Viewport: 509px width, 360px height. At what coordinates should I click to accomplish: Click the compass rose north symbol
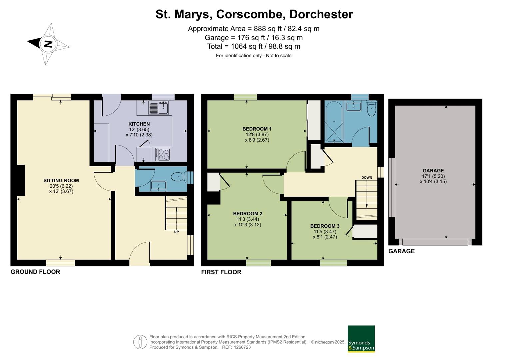pyautogui.click(x=48, y=44)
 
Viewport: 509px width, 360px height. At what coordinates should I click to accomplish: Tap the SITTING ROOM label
pyautogui.click(x=61, y=181)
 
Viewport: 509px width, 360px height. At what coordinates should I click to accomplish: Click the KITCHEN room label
pyautogui.click(x=139, y=124)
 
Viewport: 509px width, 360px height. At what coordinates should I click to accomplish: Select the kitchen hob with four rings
pyautogui.click(x=163, y=154)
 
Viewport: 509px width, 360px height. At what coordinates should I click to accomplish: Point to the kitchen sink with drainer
pyautogui.click(x=159, y=108)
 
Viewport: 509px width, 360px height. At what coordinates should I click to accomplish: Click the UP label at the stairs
pyautogui.click(x=176, y=232)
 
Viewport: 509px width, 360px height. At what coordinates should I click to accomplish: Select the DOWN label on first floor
pyautogui.click(x=367, y=177)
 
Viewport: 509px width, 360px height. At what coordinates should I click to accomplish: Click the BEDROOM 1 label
pyautogui.click(x=257, y=129)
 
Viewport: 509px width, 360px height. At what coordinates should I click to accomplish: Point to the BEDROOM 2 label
pyautogui.click(x=248, y=214)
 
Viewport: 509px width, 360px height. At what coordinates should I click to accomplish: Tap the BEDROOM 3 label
pyautogui.click(x=325, y=226)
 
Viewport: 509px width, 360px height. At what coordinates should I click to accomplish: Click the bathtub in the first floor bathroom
pyautogui.click(x=334, y=122)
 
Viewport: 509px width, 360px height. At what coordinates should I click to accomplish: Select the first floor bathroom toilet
pyautogui.click(x=371, y=108)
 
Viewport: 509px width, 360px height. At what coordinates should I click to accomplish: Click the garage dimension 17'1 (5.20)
pyautogui.click(x=433, y=176)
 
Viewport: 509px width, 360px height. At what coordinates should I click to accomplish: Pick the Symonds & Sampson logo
pyautogui.click(x=361, y=339)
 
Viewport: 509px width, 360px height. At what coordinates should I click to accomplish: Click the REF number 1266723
pyautogui.click(x=243, y=347)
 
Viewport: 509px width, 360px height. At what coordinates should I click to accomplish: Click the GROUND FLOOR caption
pyautogui.click(x=35, y=272)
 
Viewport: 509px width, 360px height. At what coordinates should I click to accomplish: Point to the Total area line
pyautogui.click(x=254, y=46)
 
